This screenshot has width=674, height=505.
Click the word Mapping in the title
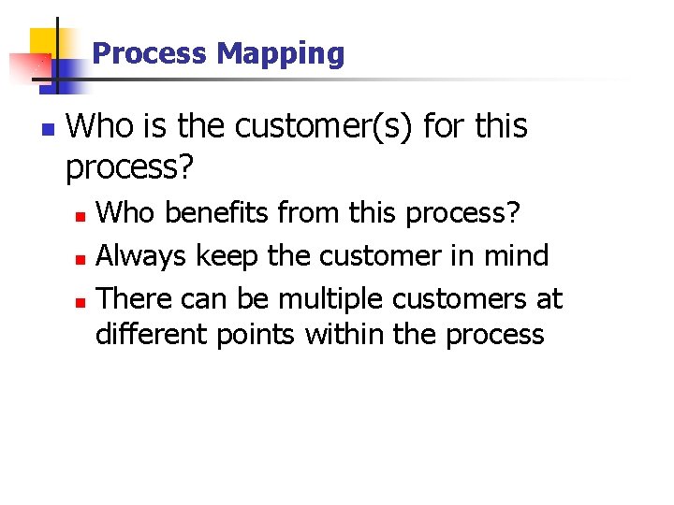click(280, 54)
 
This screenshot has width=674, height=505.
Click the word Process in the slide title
click(151, 53)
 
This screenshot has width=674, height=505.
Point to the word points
click(256, 335)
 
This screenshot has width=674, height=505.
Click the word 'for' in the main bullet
click(441, 126)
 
